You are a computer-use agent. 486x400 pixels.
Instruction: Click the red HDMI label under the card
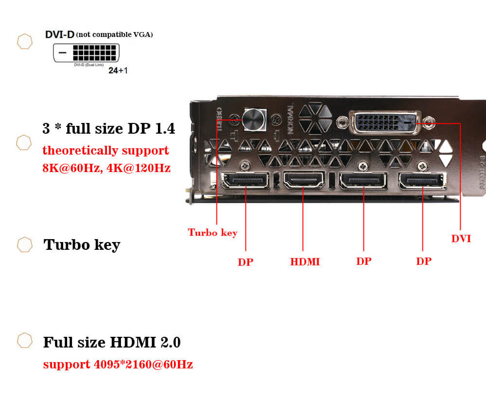(x=305, y=261)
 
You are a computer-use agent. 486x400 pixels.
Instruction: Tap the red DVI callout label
(x=461, y=239)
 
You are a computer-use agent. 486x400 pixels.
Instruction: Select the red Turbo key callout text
(x=212, y=232)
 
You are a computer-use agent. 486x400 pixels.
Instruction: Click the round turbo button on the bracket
(x=255, y=119)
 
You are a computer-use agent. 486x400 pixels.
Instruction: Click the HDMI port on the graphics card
(x=305, y=181)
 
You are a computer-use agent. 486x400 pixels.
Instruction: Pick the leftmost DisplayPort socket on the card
(x=245, y=181)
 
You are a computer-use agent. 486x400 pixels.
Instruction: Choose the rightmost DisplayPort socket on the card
(x=421, y=181)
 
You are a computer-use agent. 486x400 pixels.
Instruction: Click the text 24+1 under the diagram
(x=118, y=70)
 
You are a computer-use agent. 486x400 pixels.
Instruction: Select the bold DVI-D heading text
(x=60, y=35)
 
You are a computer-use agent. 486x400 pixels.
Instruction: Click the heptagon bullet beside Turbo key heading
(x=25, y=244)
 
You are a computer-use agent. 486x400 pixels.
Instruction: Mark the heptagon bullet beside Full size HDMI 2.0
(x=25, y=341)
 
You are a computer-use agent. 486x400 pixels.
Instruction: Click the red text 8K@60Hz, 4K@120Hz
(x=106, y=169)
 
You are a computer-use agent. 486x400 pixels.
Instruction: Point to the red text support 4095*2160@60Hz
(x=118, y=364)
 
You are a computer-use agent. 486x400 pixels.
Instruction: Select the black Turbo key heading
(x=82, y=244)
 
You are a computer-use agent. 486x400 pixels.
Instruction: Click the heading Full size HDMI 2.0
(x=112, y=342)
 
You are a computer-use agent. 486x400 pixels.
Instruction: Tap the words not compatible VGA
(x=115, y=35)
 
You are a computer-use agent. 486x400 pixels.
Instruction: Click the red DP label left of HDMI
(x=245, y=262)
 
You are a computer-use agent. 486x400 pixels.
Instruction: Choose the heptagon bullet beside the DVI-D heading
(x=25, y=42)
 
